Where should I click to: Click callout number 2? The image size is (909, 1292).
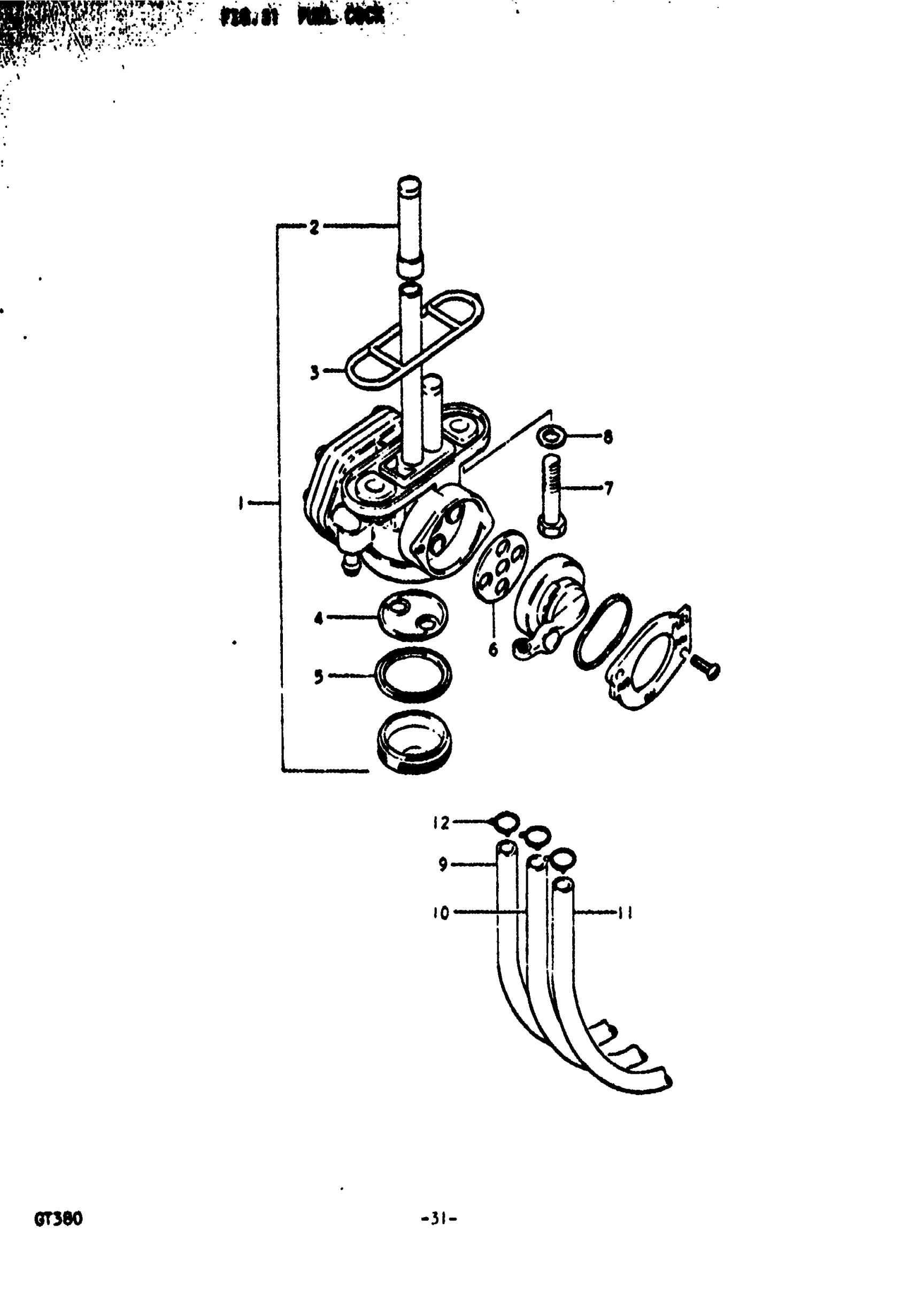pos(314,227)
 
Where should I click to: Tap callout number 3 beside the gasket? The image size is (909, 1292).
pos(314,372)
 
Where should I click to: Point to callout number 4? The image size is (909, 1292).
pos(319,618)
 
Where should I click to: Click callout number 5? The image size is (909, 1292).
pos(319,676)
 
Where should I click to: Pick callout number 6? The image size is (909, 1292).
pos(494,649)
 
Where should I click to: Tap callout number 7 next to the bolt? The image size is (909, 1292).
pos(608,488)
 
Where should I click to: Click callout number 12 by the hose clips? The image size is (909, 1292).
pos(441,823)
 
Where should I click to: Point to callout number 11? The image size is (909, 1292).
pos(624,912)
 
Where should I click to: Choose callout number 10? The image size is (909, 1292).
pos(442,912)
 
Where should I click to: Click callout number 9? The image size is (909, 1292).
pos(443,864)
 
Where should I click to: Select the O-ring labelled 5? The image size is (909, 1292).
pos(413,674)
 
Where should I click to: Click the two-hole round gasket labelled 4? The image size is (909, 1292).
pos(413,615)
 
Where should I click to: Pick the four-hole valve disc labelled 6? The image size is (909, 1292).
pos(500,565)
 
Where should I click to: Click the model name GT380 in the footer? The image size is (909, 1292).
pos(58,1219)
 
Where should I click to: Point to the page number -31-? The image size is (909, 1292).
pos(439,1219)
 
